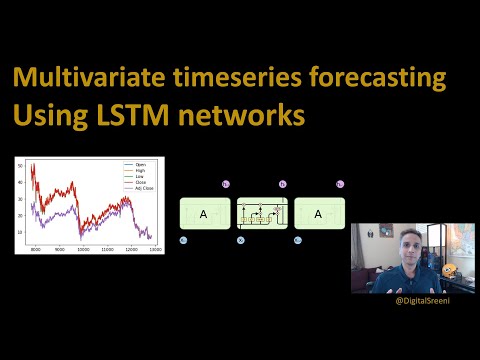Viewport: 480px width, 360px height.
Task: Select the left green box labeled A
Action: [203, 213]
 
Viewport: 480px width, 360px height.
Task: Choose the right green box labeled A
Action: [319, 213]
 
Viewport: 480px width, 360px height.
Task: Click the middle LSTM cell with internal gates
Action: [262, 213]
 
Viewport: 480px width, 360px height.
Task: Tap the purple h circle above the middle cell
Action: [282, 185]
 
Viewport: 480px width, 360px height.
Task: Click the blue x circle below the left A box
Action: [183, 241]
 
